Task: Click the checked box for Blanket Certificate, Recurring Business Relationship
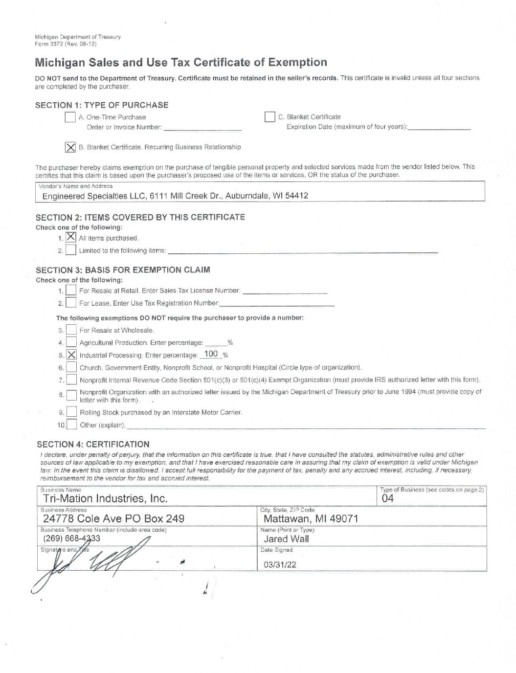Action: pos(70,147)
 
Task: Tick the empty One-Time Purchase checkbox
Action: pos(70,117)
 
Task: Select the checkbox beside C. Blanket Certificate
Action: pos(269,117)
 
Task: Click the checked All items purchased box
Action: pos(71,237)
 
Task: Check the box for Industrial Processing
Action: pos(71,355)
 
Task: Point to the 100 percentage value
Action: pos(211,354)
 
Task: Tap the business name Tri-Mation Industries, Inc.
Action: pos(105,498)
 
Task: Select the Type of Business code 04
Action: pos(387,498)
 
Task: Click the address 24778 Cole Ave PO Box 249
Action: pos(113,518)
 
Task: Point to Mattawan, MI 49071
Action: pos(311,518)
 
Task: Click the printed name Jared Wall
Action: pos(286,539)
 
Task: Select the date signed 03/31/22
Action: pos(280,564)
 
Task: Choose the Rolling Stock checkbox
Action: pos(71,412)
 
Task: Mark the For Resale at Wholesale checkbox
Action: pos(71,330)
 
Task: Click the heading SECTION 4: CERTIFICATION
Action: pos(93,444)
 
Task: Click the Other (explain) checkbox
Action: pos(71,424)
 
